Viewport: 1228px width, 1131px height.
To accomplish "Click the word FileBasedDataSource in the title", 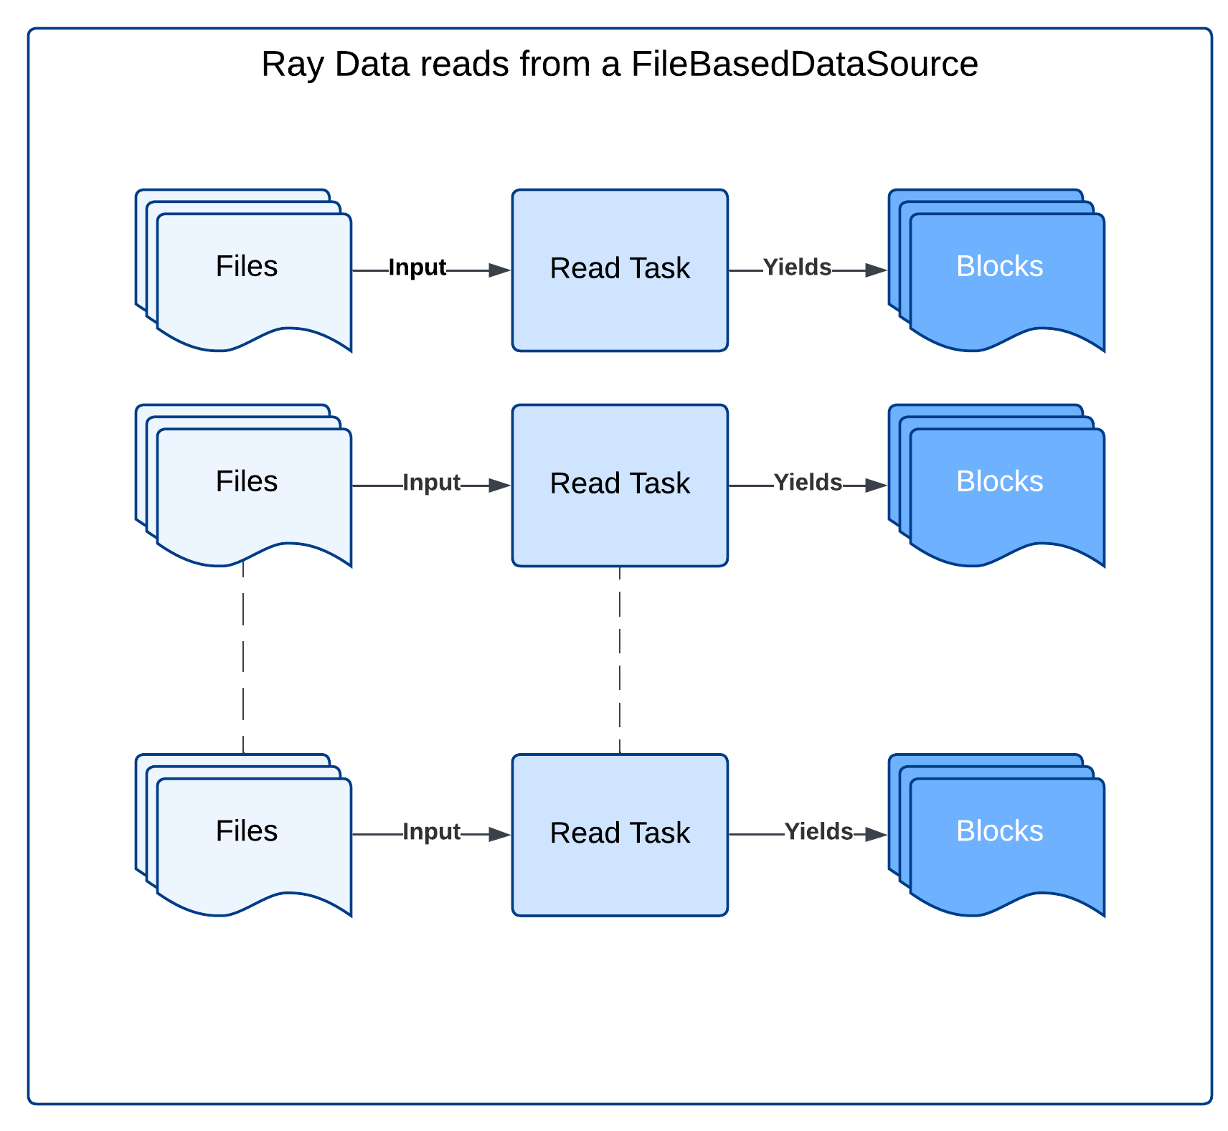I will pyautogui.click(x=804, y=65).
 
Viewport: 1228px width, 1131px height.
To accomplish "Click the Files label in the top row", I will pyautogui.click(x=247, y=267).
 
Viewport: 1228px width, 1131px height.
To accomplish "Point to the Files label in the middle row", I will pyautogui.click(x=247, y=482).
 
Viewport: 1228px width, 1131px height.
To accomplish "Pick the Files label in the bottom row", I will pyautogui.click(x=247, y=831).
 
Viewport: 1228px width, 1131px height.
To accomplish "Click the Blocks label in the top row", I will pyautogui.click(x=999, y=267).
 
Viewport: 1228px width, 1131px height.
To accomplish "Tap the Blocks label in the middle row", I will pyautogui.click(x=999, y=482).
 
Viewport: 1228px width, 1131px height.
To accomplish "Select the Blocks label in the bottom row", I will pyautogui.click(x=999, y=831).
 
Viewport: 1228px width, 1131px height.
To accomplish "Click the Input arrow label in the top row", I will pyautogui.click(x=417, y=268).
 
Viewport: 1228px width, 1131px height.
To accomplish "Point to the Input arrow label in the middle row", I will pyautogui.click(x=431, y=483).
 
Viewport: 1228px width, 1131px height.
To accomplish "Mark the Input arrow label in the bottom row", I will pyautogui.click(x=431, y=832).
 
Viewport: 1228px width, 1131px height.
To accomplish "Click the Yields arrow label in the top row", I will pyautogui.click(x=797, y=268).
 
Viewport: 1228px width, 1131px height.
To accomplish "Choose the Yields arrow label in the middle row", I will pyautogui.click(x=808, y=483).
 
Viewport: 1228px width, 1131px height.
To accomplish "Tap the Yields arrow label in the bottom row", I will pyautogui.click(x=818, y=832).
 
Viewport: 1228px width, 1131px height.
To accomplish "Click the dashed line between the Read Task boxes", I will pyautogui.click(x=620, y=660).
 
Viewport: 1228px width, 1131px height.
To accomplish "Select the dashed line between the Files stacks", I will pyautogui.click(x=243, y=660).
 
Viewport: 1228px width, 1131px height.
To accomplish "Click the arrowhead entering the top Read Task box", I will pyautogui.click(x=500, y=270).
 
